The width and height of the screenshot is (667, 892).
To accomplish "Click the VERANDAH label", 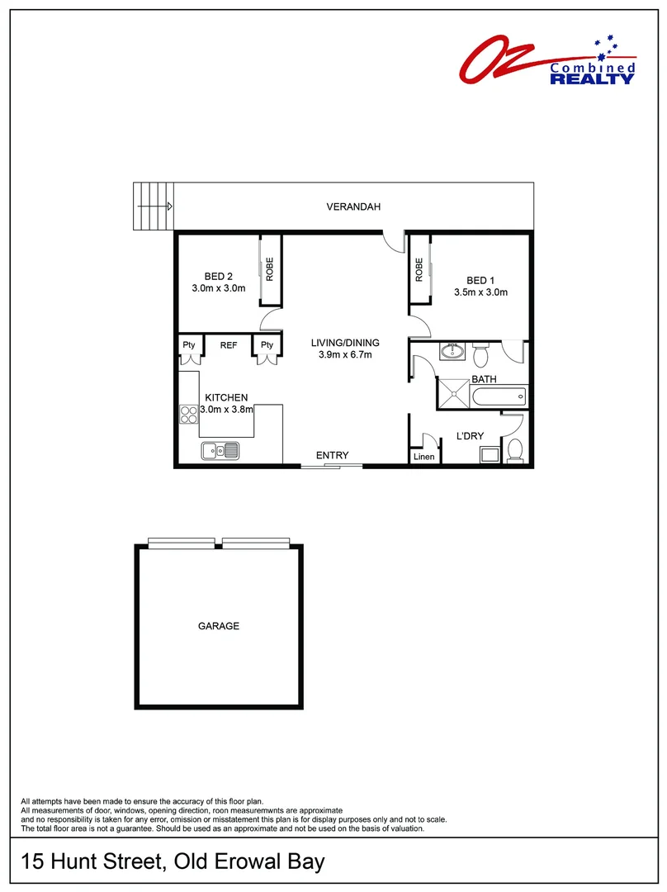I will pyautogui.click(x=353, y=206).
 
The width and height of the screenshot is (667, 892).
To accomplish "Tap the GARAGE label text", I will pyautogui.click(x=218, y=626).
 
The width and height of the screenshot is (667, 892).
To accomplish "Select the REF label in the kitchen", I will pyautogui.click(x=229, y=345).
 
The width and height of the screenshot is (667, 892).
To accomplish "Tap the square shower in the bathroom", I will pyautogui.click(x=454, y=393).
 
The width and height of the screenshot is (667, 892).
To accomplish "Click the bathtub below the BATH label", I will pyautogui.click(x=499, y=396).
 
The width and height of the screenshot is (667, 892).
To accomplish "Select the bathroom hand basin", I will pyautogui.click(x=452, y=353).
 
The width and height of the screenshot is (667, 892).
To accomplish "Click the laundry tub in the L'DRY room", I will pyautogui.click(x=489, y=453).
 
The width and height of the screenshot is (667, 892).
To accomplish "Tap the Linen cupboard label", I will pyautogui.click(x=423, y=457).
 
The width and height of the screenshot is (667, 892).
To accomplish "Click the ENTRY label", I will pyautogui.click(x=332, y=455).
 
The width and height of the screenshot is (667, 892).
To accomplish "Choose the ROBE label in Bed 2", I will pyautogui.click(x=269, y=270).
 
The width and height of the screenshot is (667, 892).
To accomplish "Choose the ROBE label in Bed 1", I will pyautogui.click(x=419, y=270).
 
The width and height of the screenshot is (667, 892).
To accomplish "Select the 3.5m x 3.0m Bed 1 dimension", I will pyautogui.click(x=480, y=292).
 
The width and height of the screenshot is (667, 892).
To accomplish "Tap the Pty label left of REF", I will pyautogui.click(x=188, y=345).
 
